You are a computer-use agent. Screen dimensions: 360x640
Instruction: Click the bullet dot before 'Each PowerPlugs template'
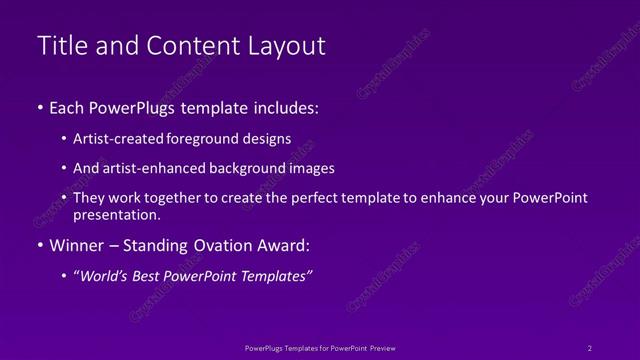click(x=39, y=107)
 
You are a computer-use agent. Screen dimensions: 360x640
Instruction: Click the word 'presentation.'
click(x=117, y=214)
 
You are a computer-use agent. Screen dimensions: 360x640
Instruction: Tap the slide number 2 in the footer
click(x=589, y=347)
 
